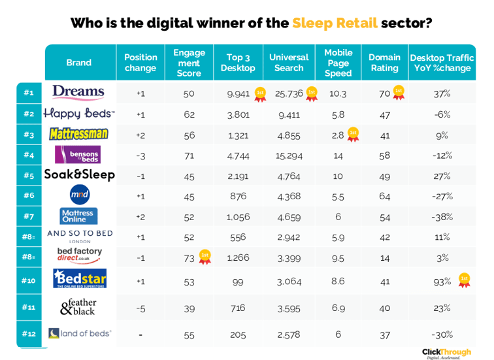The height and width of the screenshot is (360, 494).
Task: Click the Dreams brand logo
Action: [78, 92]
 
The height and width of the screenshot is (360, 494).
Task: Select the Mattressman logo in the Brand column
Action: [78, 134]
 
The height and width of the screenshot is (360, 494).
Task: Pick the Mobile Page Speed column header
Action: [338, 63]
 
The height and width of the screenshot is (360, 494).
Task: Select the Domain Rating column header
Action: [384, 63]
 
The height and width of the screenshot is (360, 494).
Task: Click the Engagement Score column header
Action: [189, 63]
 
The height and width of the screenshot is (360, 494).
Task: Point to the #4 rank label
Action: [29, 155]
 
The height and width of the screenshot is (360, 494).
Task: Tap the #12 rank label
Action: [29, 333]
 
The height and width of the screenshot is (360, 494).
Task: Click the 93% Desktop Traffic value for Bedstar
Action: [442, 282]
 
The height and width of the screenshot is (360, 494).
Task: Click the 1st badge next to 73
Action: [205, 256]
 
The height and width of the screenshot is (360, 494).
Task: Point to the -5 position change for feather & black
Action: [140, 308]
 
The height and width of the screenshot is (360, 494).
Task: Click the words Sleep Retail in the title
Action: [335, 24]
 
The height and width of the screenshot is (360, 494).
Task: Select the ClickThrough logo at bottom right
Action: [446, 352]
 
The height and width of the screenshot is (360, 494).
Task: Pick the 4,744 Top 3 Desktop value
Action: [239, 155]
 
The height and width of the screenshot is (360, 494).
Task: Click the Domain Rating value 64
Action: [384, 195]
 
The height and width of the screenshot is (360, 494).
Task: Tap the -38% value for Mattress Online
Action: [442, 216]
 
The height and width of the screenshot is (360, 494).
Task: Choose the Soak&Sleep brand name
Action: [79, 174]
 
